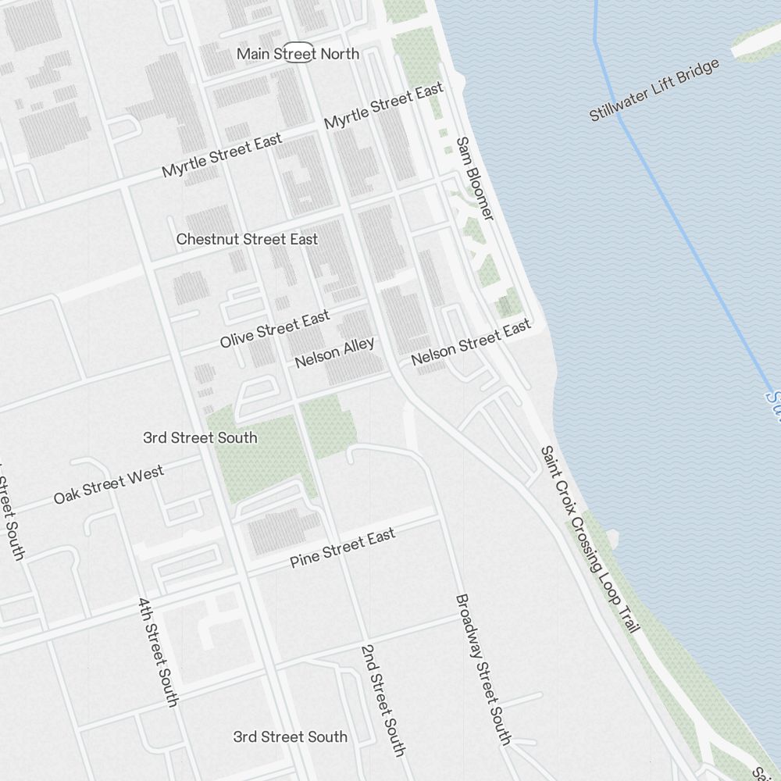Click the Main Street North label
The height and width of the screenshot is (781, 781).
click(x=298, y=54)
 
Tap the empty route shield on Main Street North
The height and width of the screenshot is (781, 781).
click(x=298, y=52)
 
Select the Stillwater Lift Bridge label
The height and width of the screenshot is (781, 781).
click(x=654, y=91)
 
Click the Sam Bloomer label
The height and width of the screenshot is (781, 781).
click(x=475, y=178)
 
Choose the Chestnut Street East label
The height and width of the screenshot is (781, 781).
click(x=247, y=239)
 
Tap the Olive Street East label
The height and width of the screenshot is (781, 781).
click(x=275, y=329)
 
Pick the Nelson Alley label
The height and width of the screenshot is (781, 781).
click(x=334, y=352)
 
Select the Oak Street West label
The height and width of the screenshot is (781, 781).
click(x=109, y=484)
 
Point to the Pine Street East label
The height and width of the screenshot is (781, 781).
click(x=342, y=547)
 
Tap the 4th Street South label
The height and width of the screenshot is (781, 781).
click(x=157, y=652)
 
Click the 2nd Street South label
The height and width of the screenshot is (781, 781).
click(x=383, y=701)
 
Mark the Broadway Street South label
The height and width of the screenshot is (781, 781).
click(x=483, y=669)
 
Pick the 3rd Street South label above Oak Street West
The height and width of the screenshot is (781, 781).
click(x=200, y=437)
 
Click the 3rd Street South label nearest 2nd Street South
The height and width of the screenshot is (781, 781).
click(x=290, y=736)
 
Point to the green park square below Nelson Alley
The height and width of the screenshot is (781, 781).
click(x=329, y=426)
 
